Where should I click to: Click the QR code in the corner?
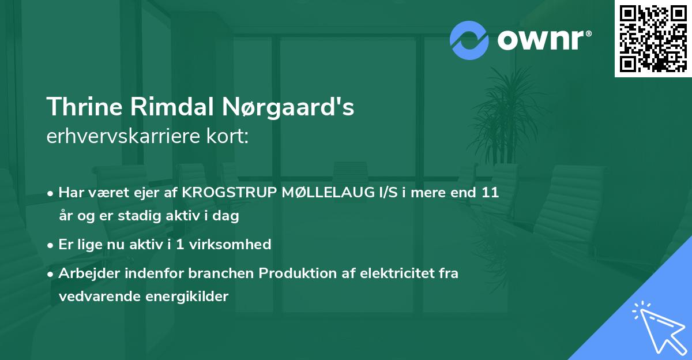[x=653, y=39]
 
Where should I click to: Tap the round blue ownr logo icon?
[x=469, y=40]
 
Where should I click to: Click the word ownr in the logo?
[x=542, y=40]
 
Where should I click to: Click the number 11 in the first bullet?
[x=490, y=193]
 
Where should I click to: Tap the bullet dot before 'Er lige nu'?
[x=51, y=245]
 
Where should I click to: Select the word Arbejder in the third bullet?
[x=84, y=273]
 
